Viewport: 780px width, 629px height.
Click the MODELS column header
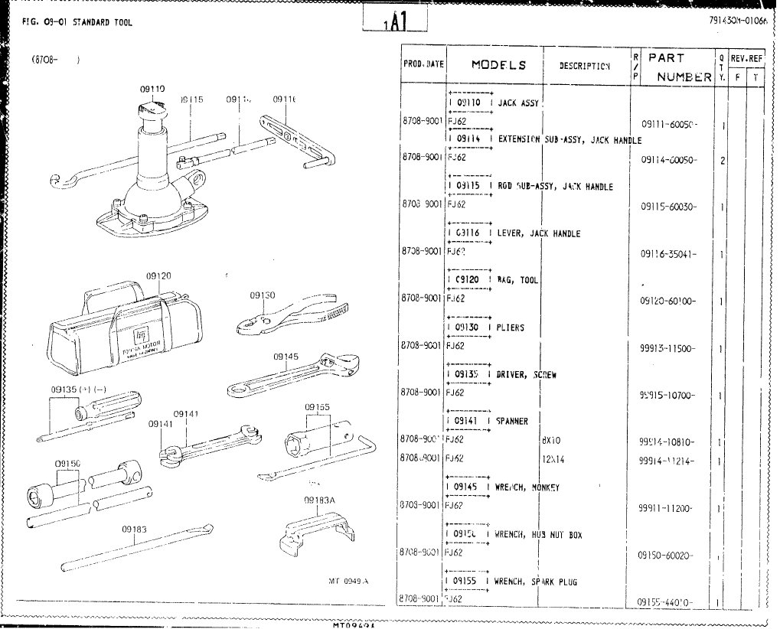498,65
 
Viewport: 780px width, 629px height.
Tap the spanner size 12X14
553,460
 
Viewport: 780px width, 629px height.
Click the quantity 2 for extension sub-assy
722,161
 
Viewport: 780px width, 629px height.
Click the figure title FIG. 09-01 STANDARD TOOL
73,22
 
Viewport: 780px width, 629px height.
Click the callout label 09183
134,528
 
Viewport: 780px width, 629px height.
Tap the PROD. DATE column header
423,66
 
